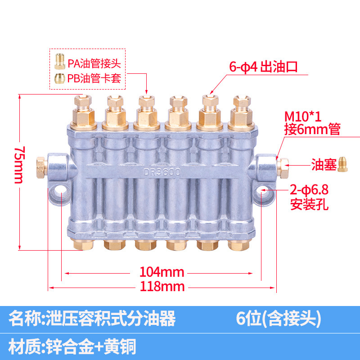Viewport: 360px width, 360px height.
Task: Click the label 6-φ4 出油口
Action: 263,67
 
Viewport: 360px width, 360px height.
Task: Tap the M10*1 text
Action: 303,117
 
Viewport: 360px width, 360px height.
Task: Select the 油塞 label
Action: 324,165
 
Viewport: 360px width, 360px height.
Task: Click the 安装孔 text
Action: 310,206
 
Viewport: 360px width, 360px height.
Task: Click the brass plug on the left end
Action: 40,165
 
